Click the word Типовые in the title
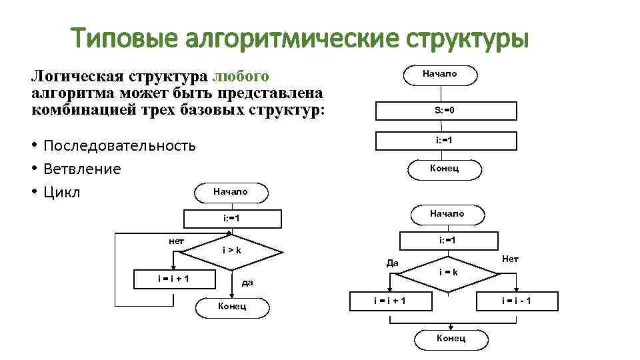pyautogui.click(x=125, y=37)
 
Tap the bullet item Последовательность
pyautogui.click(x=119, y=145)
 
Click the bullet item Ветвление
pyautogui.click(x=82, y=169)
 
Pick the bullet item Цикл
pyautogui.click(x=62, y=192)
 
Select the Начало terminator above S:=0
pyautogui.click(x=440, y=74)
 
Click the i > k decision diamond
pyautogui.click(x=232, y=251)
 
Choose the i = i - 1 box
pyautogui.click(x=517, y=301)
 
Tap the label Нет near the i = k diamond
pyautogui.click(x=510, y=259)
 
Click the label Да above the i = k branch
pyautogui.click(x=393, y=263)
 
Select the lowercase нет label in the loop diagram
pyautogui.click(x=177, y=240)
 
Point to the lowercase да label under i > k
pyautogui.click(x=247, y=283)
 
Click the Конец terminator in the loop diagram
pyautogui.click(x=232, y=307)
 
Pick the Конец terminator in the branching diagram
pyautogui.click(x=451, y=339)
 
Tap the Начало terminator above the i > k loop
pyautogui.click(x=231, y=192)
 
